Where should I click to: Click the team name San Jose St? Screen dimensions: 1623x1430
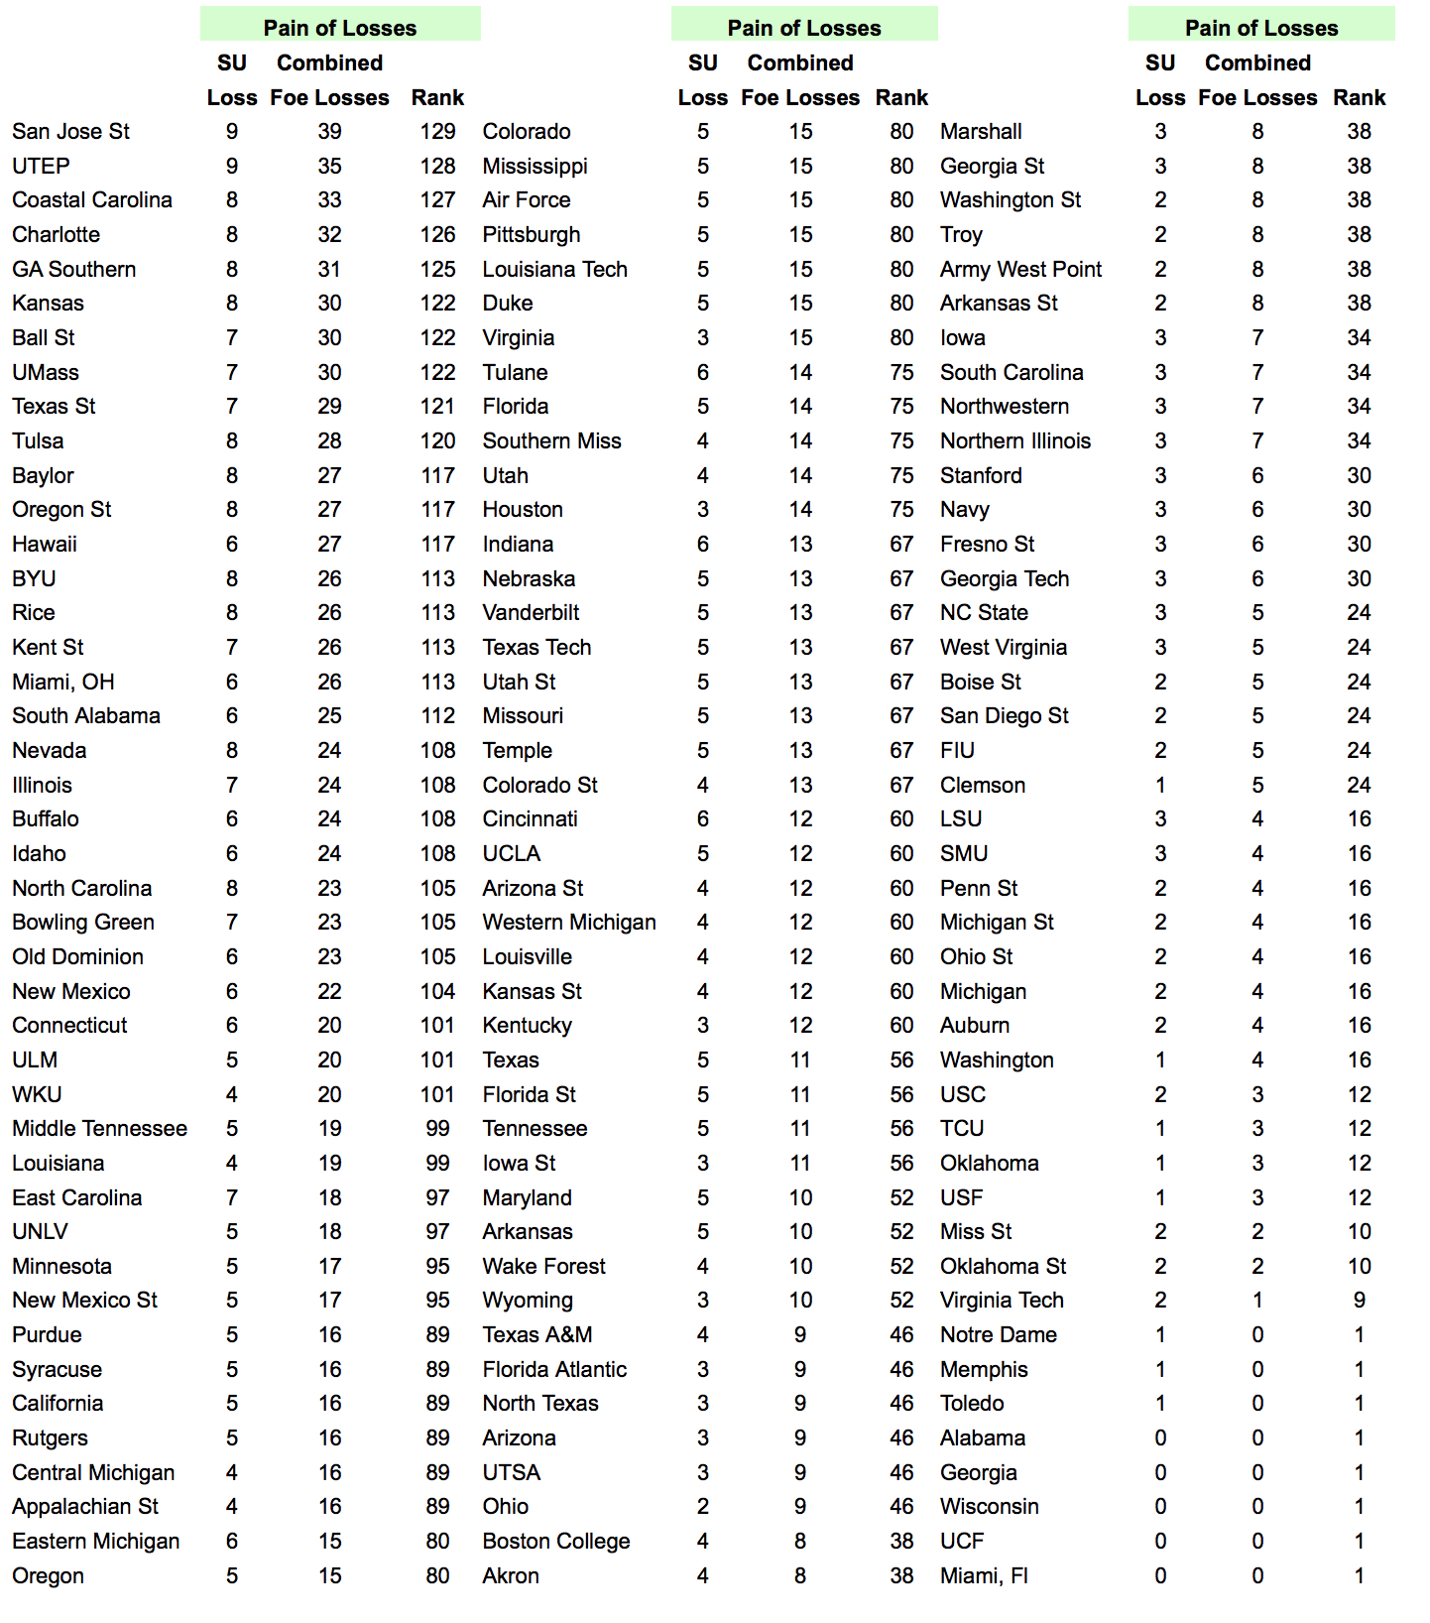coord(70,132)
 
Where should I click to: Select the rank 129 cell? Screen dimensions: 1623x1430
coord(437,132)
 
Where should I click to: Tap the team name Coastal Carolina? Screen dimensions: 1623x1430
coord(92,200)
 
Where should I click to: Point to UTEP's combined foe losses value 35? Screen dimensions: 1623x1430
coord(329,166)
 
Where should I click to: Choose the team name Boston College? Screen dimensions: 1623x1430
coord(555,1542)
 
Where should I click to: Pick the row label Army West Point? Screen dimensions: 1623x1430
coord(1020,270)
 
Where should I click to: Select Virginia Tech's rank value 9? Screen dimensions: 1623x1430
coord(1359,1301)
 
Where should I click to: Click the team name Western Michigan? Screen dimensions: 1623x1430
coord(568,923)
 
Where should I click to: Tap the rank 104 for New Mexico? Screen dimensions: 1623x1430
coord(437,992)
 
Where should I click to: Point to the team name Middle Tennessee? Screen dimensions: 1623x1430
coord(99,1129)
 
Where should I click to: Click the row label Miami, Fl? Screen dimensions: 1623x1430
coord(984,1576)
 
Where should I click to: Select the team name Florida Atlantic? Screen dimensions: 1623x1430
coord(554,1370)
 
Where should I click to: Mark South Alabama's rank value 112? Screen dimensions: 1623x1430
coord(437,716)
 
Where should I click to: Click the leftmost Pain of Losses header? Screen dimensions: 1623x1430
coord(340,28)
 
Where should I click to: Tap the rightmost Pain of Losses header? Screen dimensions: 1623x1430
coord(1261,28)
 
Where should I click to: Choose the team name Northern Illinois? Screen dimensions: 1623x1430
coord(1014,441)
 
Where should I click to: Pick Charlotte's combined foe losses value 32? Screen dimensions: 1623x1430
coord(329,235)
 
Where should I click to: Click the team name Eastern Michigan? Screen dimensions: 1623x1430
coord(96,1542)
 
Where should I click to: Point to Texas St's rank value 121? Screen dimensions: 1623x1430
coord(437,407)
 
